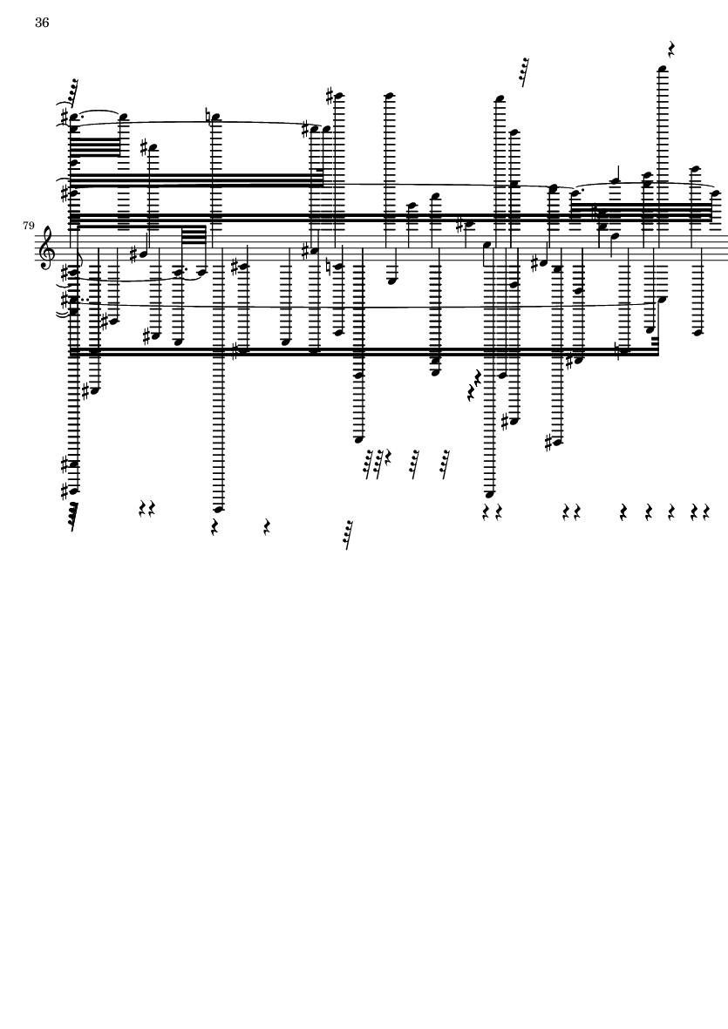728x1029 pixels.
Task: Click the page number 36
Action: [x=42, y=23]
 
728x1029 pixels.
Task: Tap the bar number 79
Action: [x=28, y=226]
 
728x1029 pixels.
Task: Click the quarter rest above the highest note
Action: [x=671, y=49]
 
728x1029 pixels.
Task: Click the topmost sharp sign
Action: [x=330, y=97]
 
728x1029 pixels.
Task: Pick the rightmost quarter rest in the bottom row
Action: [x=706, y=511]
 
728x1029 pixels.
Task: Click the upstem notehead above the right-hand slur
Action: [x=616, y=182]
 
